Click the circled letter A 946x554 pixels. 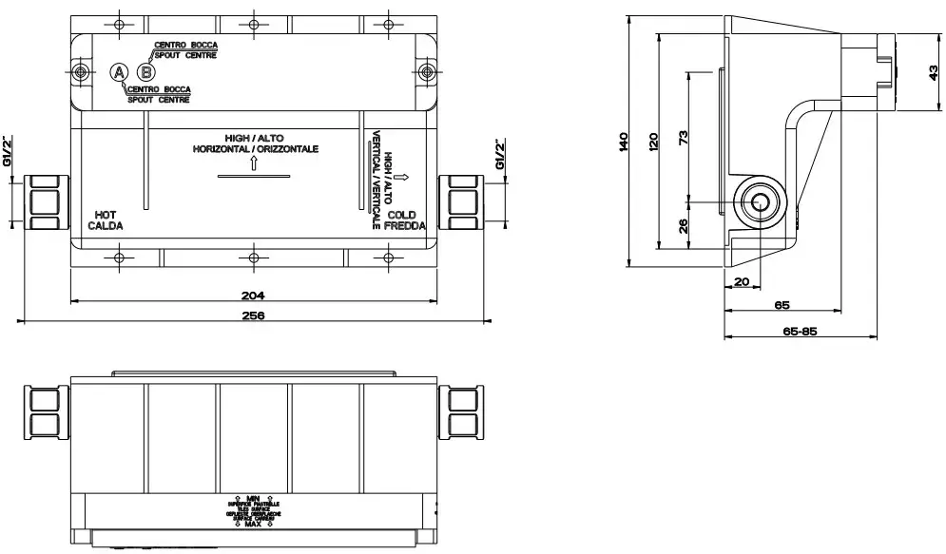119,71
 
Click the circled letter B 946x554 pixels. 145,71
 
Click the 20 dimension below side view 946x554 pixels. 742,280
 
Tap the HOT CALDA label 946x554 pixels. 106,220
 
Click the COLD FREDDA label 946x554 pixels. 407,220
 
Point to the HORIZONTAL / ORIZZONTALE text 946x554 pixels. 255,149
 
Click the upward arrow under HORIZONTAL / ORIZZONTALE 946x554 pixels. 254,162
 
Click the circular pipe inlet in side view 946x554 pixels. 760,202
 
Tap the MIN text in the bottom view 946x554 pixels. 252,498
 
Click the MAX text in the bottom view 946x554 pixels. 252,524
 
